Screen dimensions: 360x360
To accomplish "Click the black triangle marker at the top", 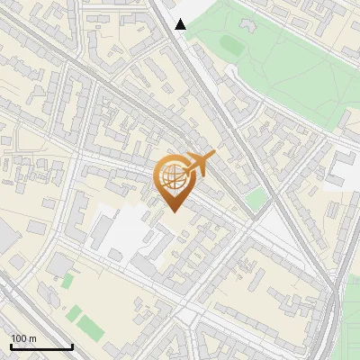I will pos(181,24).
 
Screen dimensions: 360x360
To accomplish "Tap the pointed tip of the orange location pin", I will pos(173,210).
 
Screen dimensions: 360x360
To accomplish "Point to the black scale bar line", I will pos(40,346).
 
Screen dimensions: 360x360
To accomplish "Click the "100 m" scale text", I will pos(23,338).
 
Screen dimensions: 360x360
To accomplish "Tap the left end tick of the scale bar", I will pos(10,345).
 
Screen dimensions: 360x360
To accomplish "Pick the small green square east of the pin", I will pos(257,199).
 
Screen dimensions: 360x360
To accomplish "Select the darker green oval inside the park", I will pos(231,44).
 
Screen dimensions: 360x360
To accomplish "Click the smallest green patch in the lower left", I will pos(67,281).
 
